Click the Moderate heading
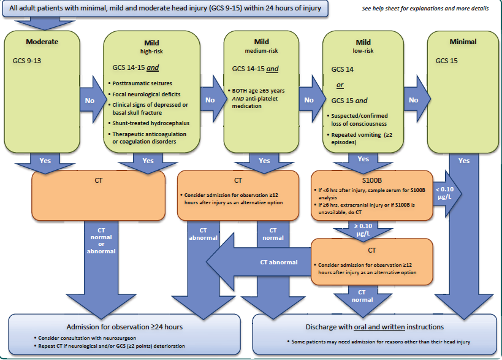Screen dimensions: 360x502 [x=42, y=42]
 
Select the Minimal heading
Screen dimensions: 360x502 [x=463, y=42]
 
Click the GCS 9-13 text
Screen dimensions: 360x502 [x=27, y=61]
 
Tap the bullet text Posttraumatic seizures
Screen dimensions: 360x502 [x=142, y=83]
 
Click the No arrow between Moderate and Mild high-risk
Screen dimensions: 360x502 [x=89, y=99]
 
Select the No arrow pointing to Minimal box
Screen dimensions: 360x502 [x=414, y=99]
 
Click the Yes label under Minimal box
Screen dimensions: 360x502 [x=463, y=161]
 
